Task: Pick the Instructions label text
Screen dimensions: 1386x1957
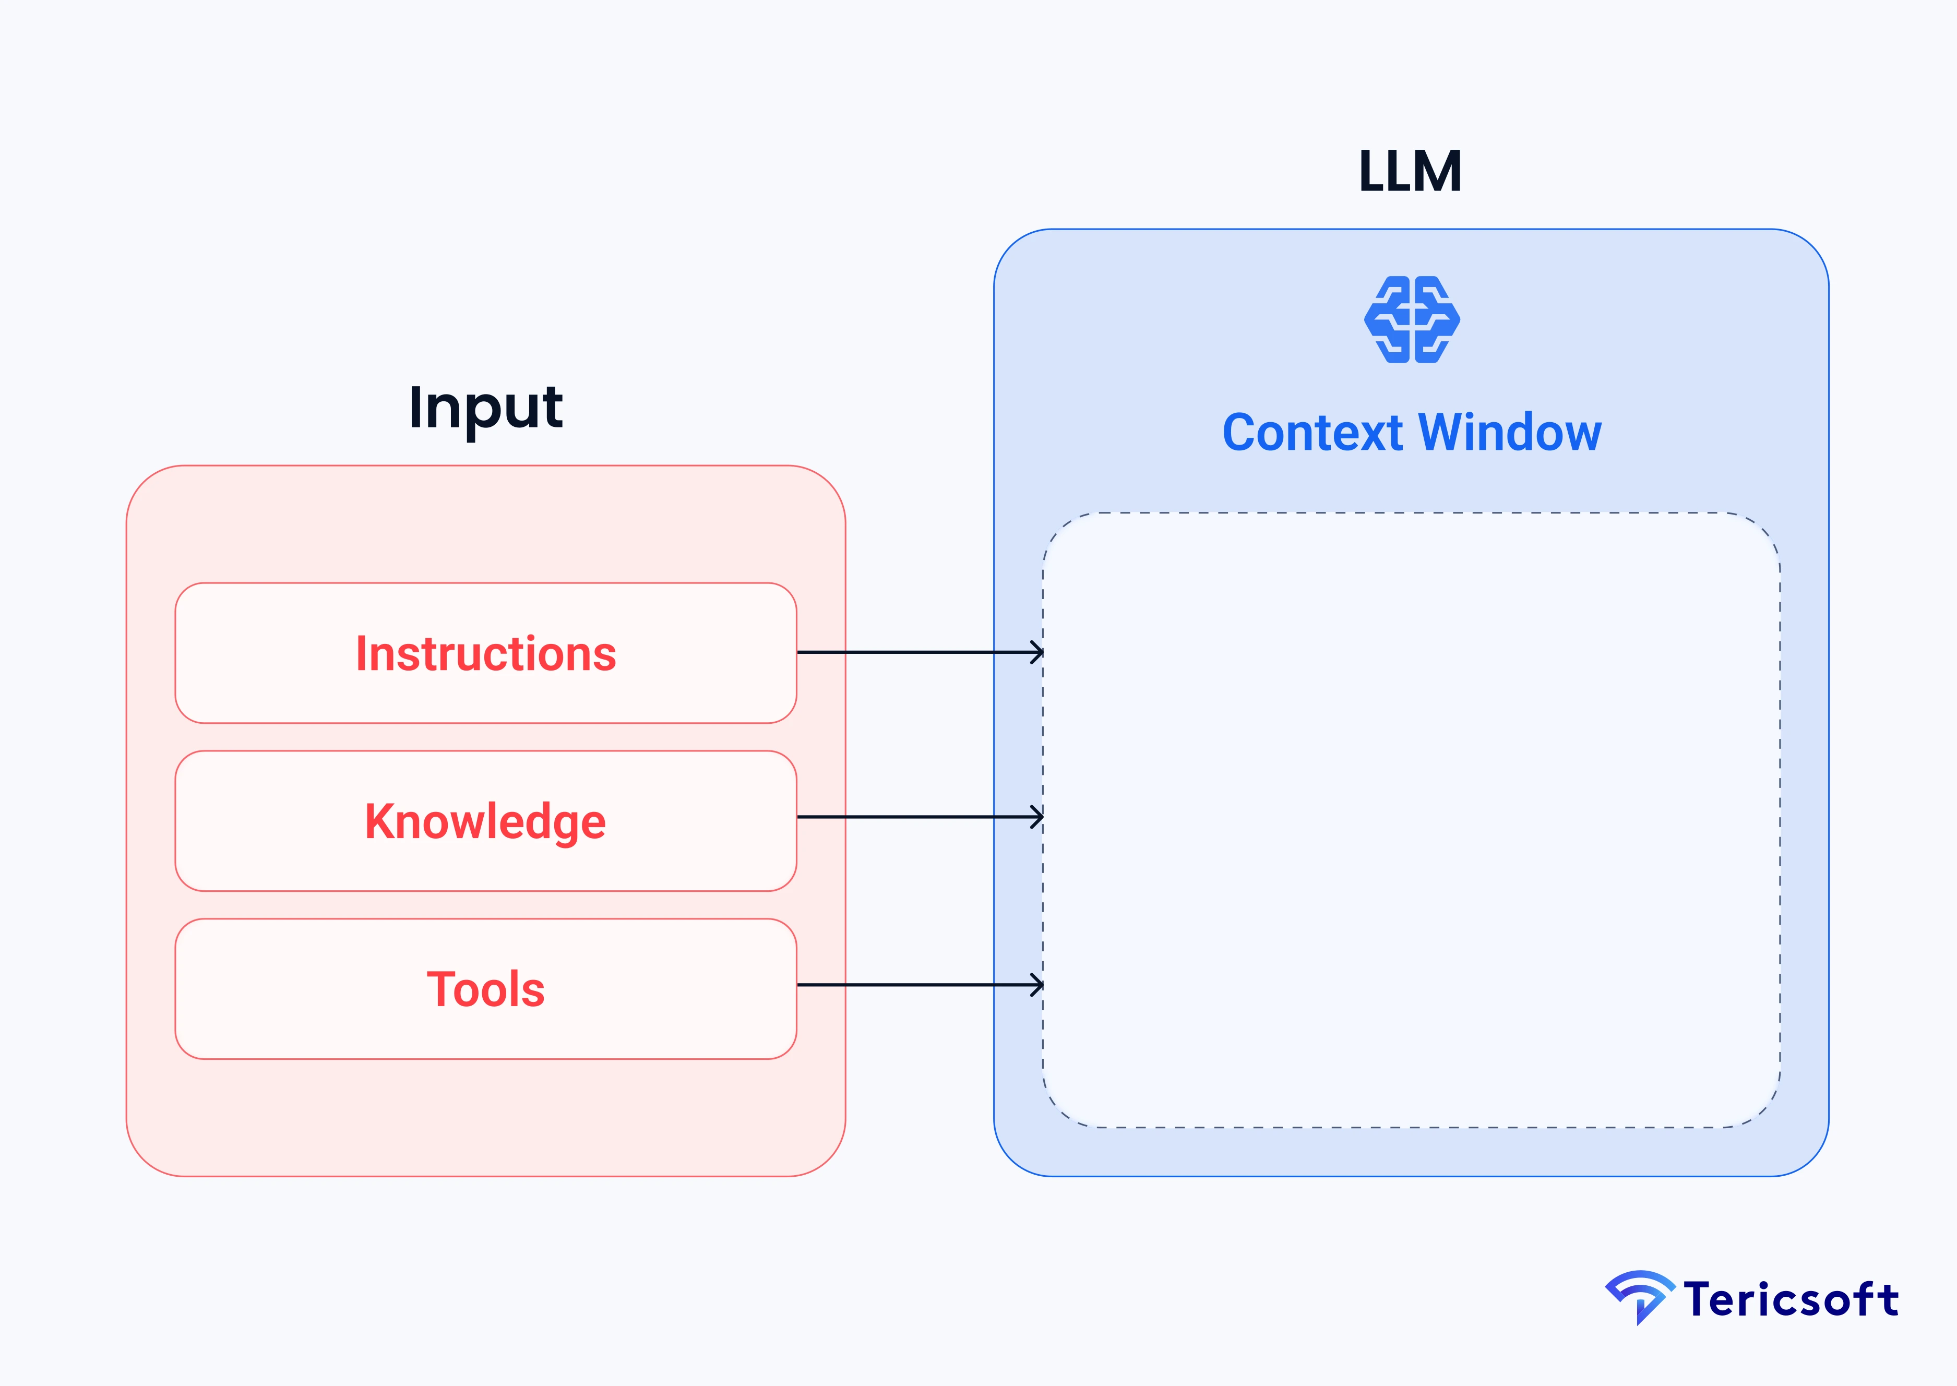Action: click(486, 654)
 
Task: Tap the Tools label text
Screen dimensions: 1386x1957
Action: click(486, 989)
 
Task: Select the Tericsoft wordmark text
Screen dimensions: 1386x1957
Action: click(1791, 1300)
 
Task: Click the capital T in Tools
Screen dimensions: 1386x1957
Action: click(441, 989)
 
